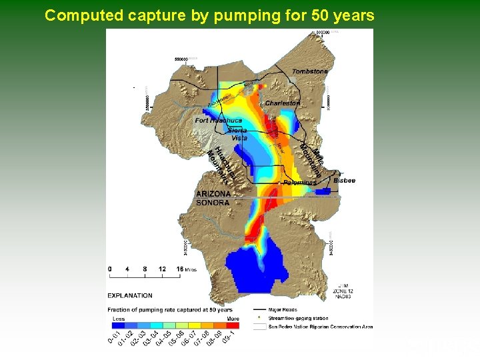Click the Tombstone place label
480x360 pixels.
(310, 71)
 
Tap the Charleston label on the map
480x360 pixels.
(283, 103)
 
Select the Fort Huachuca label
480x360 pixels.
(219, 121)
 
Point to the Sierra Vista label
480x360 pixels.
(238, 134)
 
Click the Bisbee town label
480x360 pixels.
(345, 181)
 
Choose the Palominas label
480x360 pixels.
(299, 183)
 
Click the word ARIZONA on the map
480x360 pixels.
(213, 194)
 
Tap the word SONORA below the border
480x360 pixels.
(213, 203)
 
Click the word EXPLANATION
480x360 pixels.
(130, 295)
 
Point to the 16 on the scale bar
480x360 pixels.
(180, 269)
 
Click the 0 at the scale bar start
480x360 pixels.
(110, 269)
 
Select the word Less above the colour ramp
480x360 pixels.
(118, 319)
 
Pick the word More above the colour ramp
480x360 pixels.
(233, 319)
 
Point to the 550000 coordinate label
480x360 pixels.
(181, 59)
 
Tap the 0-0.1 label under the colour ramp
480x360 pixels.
(115, 338)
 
